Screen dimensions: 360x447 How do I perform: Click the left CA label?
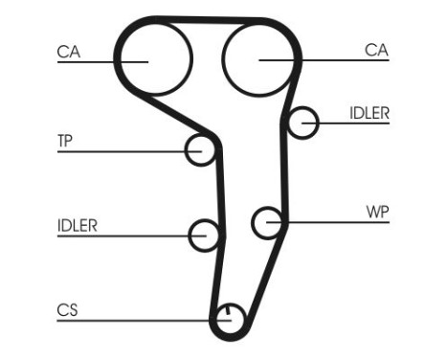click(x=67, y=53)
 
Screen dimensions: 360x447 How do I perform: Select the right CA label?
click(x=376, y=51)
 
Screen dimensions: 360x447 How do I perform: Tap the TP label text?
click(x=65, y=141)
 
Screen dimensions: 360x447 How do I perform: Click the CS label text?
click(x=67, y=310)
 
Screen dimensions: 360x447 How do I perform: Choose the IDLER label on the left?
click(x=77, y=226)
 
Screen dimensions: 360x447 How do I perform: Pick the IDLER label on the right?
click(x=369, y=113)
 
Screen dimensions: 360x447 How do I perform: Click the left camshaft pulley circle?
click(x=153, y=56)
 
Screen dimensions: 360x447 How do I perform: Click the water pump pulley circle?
click(x=268, y=222)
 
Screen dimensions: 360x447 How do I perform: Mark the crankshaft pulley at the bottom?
click(x=228, y=319)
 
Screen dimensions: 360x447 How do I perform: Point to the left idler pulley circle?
click(x=205, y=235)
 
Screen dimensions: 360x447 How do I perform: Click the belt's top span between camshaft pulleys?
click(x=206, y=17)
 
